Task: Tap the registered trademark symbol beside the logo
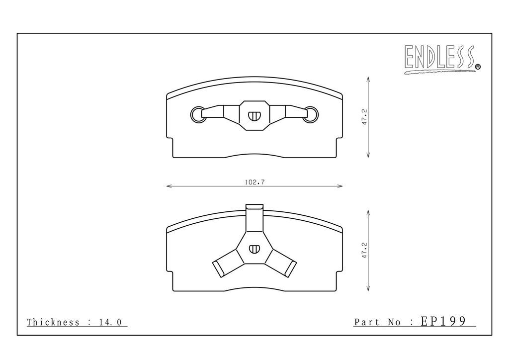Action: (x=478, y=67)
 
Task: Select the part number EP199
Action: (x=443, y=321)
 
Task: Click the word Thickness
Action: (x=53, y=322)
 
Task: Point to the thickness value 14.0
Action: (x=110, y=322)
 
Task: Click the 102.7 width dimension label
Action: (x=254, y=182)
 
